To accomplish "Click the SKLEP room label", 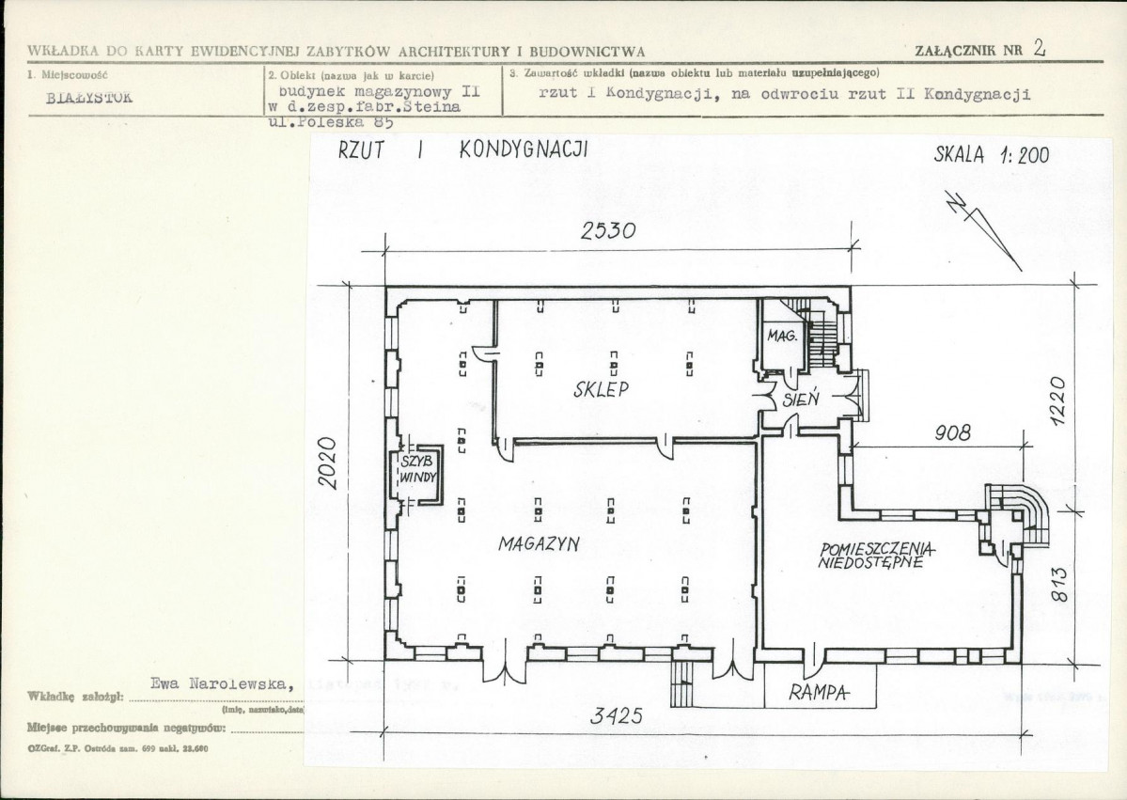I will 601,389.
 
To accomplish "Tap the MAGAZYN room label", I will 539,543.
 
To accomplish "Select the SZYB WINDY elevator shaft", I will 418,469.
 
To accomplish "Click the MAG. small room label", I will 782,336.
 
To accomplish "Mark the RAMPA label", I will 819,694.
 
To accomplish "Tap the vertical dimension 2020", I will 326,463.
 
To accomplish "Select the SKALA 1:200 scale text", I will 991,156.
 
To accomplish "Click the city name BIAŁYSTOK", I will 90,96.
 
